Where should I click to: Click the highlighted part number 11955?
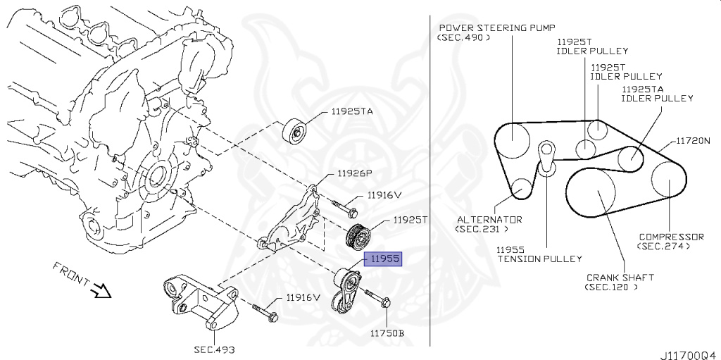(x=382, y=259)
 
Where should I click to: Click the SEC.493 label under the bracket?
(x=214, y=349)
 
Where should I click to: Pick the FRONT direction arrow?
(x=101, y=289)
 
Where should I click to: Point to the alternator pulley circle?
(x=521, y=188)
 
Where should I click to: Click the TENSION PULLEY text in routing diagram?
(x=540, y=259)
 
